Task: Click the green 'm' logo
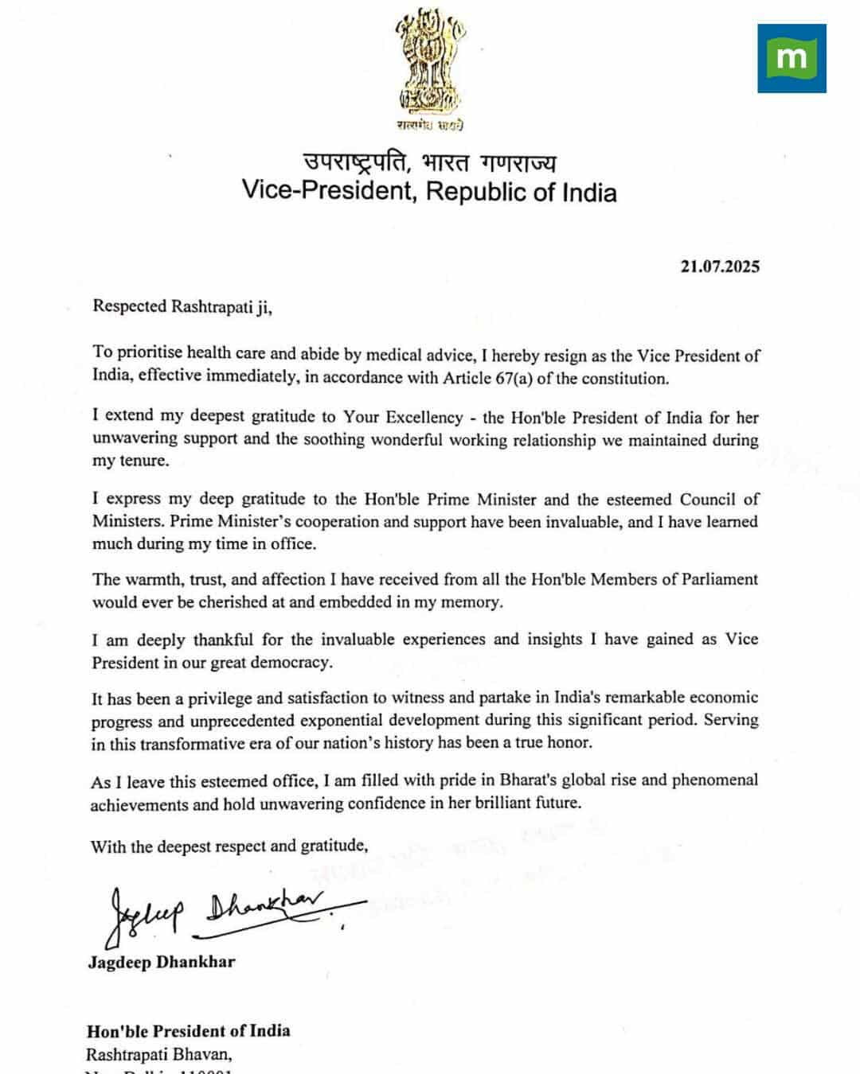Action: tap(792, 58)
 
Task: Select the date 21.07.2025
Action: tap(719, 267)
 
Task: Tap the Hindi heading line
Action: tap(429, 162)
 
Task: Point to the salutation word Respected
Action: tap(130, 306)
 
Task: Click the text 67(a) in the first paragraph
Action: tap(514, 379)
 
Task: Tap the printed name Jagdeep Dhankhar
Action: tap(162, 962)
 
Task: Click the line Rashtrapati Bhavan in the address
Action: tap(159, 1056)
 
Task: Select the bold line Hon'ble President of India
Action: tap(189, 1031)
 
